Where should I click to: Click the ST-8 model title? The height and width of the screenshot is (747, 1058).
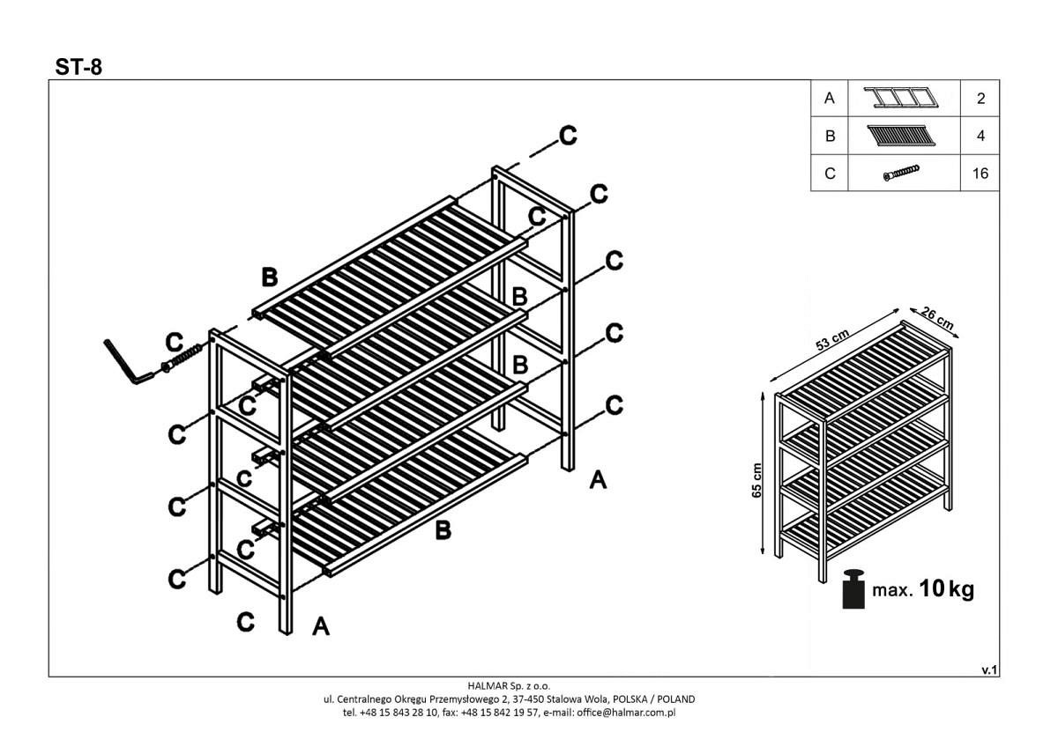(78, 67)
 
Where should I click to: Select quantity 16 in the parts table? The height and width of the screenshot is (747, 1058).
(980, 174)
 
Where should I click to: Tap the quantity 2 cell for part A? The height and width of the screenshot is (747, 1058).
(980, 99)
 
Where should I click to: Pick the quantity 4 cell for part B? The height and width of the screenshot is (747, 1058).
(980, 137)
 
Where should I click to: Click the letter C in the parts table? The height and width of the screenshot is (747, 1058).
(829, 174)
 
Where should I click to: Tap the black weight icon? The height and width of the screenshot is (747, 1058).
(853, 589)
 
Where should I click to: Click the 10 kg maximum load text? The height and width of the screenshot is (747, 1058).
(946, 589)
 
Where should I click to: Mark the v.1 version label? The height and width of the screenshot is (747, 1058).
(988, 670)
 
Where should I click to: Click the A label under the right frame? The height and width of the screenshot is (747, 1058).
(598, 480)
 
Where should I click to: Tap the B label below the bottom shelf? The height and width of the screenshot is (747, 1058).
(443, 530)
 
